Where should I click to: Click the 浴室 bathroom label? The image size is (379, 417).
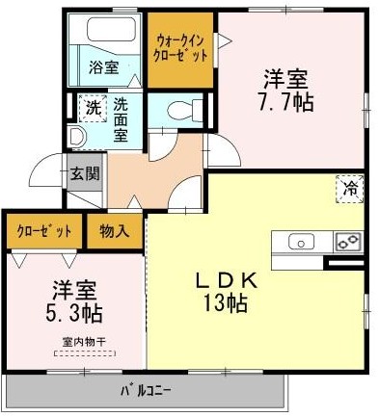pos(104,67)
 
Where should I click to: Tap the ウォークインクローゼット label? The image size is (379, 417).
pos(181,46)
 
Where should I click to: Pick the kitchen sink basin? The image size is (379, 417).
pos(299,242)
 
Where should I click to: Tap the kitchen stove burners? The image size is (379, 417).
pos(347,242)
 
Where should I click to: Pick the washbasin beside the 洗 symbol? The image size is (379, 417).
pos(77,138)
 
